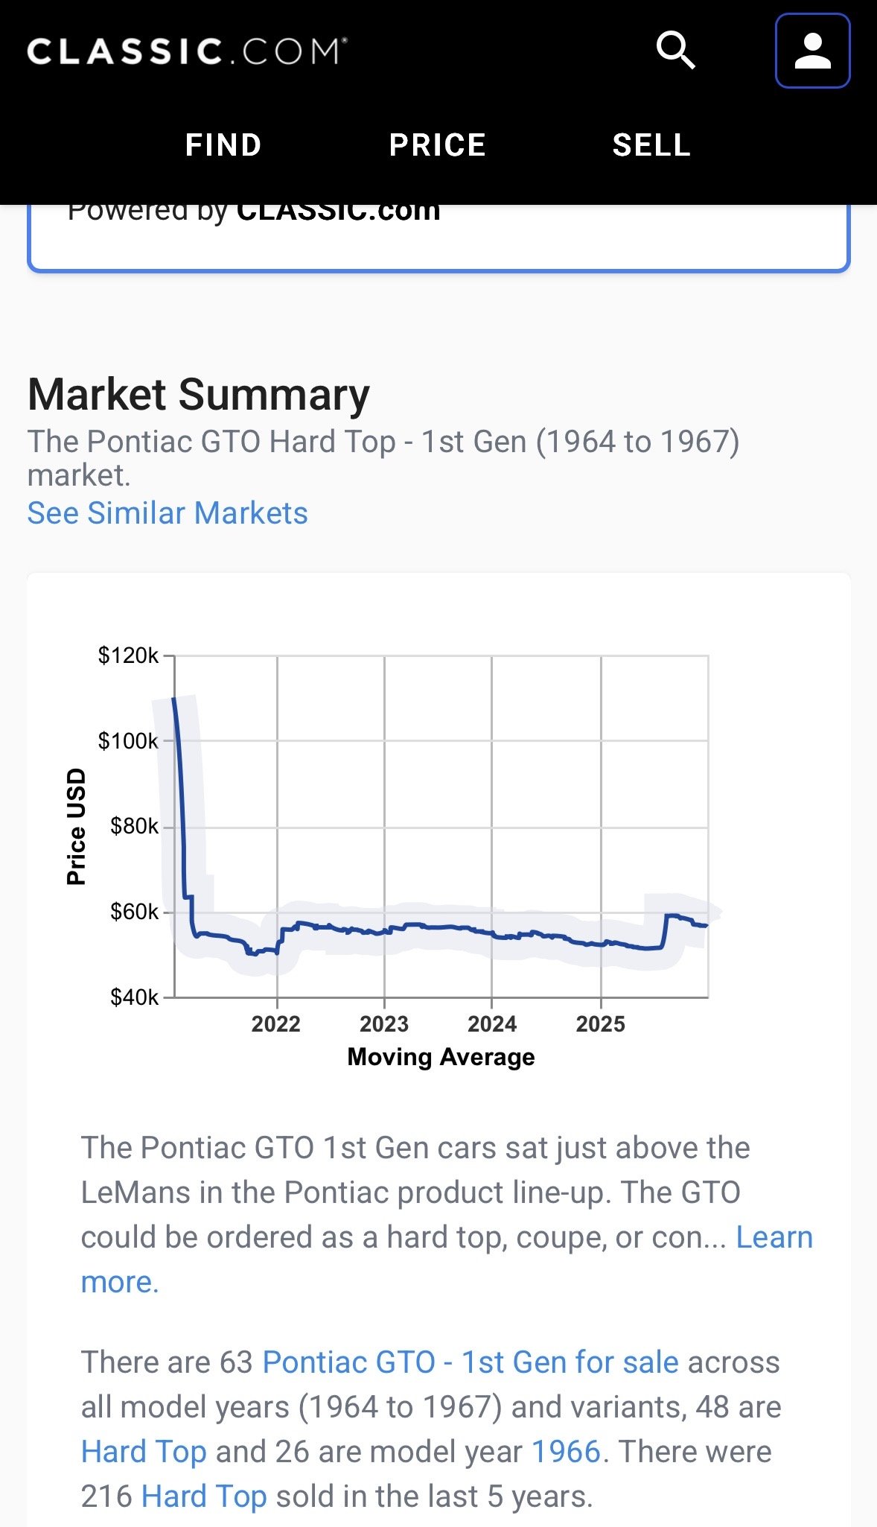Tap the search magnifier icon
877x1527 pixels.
click(x=675, y=51)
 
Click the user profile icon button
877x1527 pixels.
click(x=812, y=51)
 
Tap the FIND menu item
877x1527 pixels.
click(x=223, y=145)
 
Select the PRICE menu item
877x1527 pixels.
click(x=438, y=145)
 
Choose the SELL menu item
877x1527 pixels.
click(x=651, y=145)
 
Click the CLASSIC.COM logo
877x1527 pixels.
click(x=187, y=51)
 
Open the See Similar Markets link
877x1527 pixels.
click(x=168, y=513)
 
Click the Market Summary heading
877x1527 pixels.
click(x=199, y=394)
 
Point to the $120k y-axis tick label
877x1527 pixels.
click(x=128, y=655)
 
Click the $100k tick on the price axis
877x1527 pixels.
click(x=128, y=741)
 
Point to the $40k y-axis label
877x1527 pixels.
click(x=134, y=997)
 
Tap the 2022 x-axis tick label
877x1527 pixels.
click(x=276, y=1024)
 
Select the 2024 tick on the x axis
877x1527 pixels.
click(x=492, y=1024)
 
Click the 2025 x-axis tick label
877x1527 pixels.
click(x=601, y=1024)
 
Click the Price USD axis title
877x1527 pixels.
click(x=76, y=826)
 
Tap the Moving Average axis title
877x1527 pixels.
click(x=441, y=1057)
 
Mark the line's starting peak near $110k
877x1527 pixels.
click(x=174, y=699)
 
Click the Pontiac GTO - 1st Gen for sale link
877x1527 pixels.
click(x=471, y=1362)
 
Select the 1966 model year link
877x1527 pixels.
click(x=566, y=1452)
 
